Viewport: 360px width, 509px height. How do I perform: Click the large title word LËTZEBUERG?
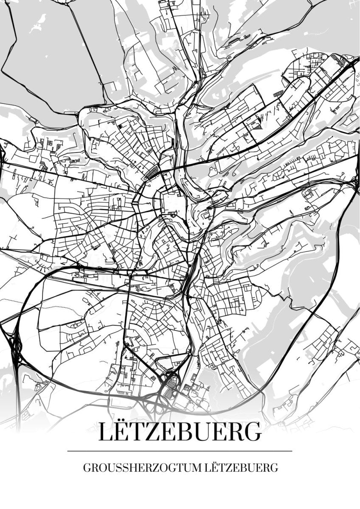(x=180, y=431)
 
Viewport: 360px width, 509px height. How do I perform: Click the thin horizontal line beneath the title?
(x=180, y=451)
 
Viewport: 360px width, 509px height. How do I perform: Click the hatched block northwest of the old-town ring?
(x=152, y=173)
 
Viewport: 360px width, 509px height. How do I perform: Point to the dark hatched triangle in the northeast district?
(x=257, y=124)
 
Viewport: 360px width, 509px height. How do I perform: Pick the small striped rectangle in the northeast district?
(x=278, y=93)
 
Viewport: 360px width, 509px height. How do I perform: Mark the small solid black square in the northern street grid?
(x=120, y=126)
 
